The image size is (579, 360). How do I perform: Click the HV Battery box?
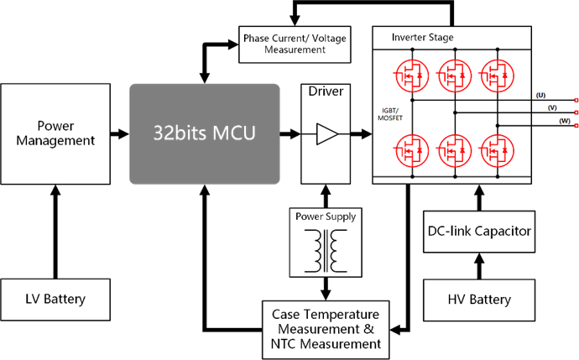[478, 300]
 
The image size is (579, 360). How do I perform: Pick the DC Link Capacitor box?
[478, 231]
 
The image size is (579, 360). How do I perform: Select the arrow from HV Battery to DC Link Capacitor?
[478, 266]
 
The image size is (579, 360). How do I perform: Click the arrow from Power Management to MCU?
[119, 133]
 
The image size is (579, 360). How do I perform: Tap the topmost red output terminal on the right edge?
[576, 100]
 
